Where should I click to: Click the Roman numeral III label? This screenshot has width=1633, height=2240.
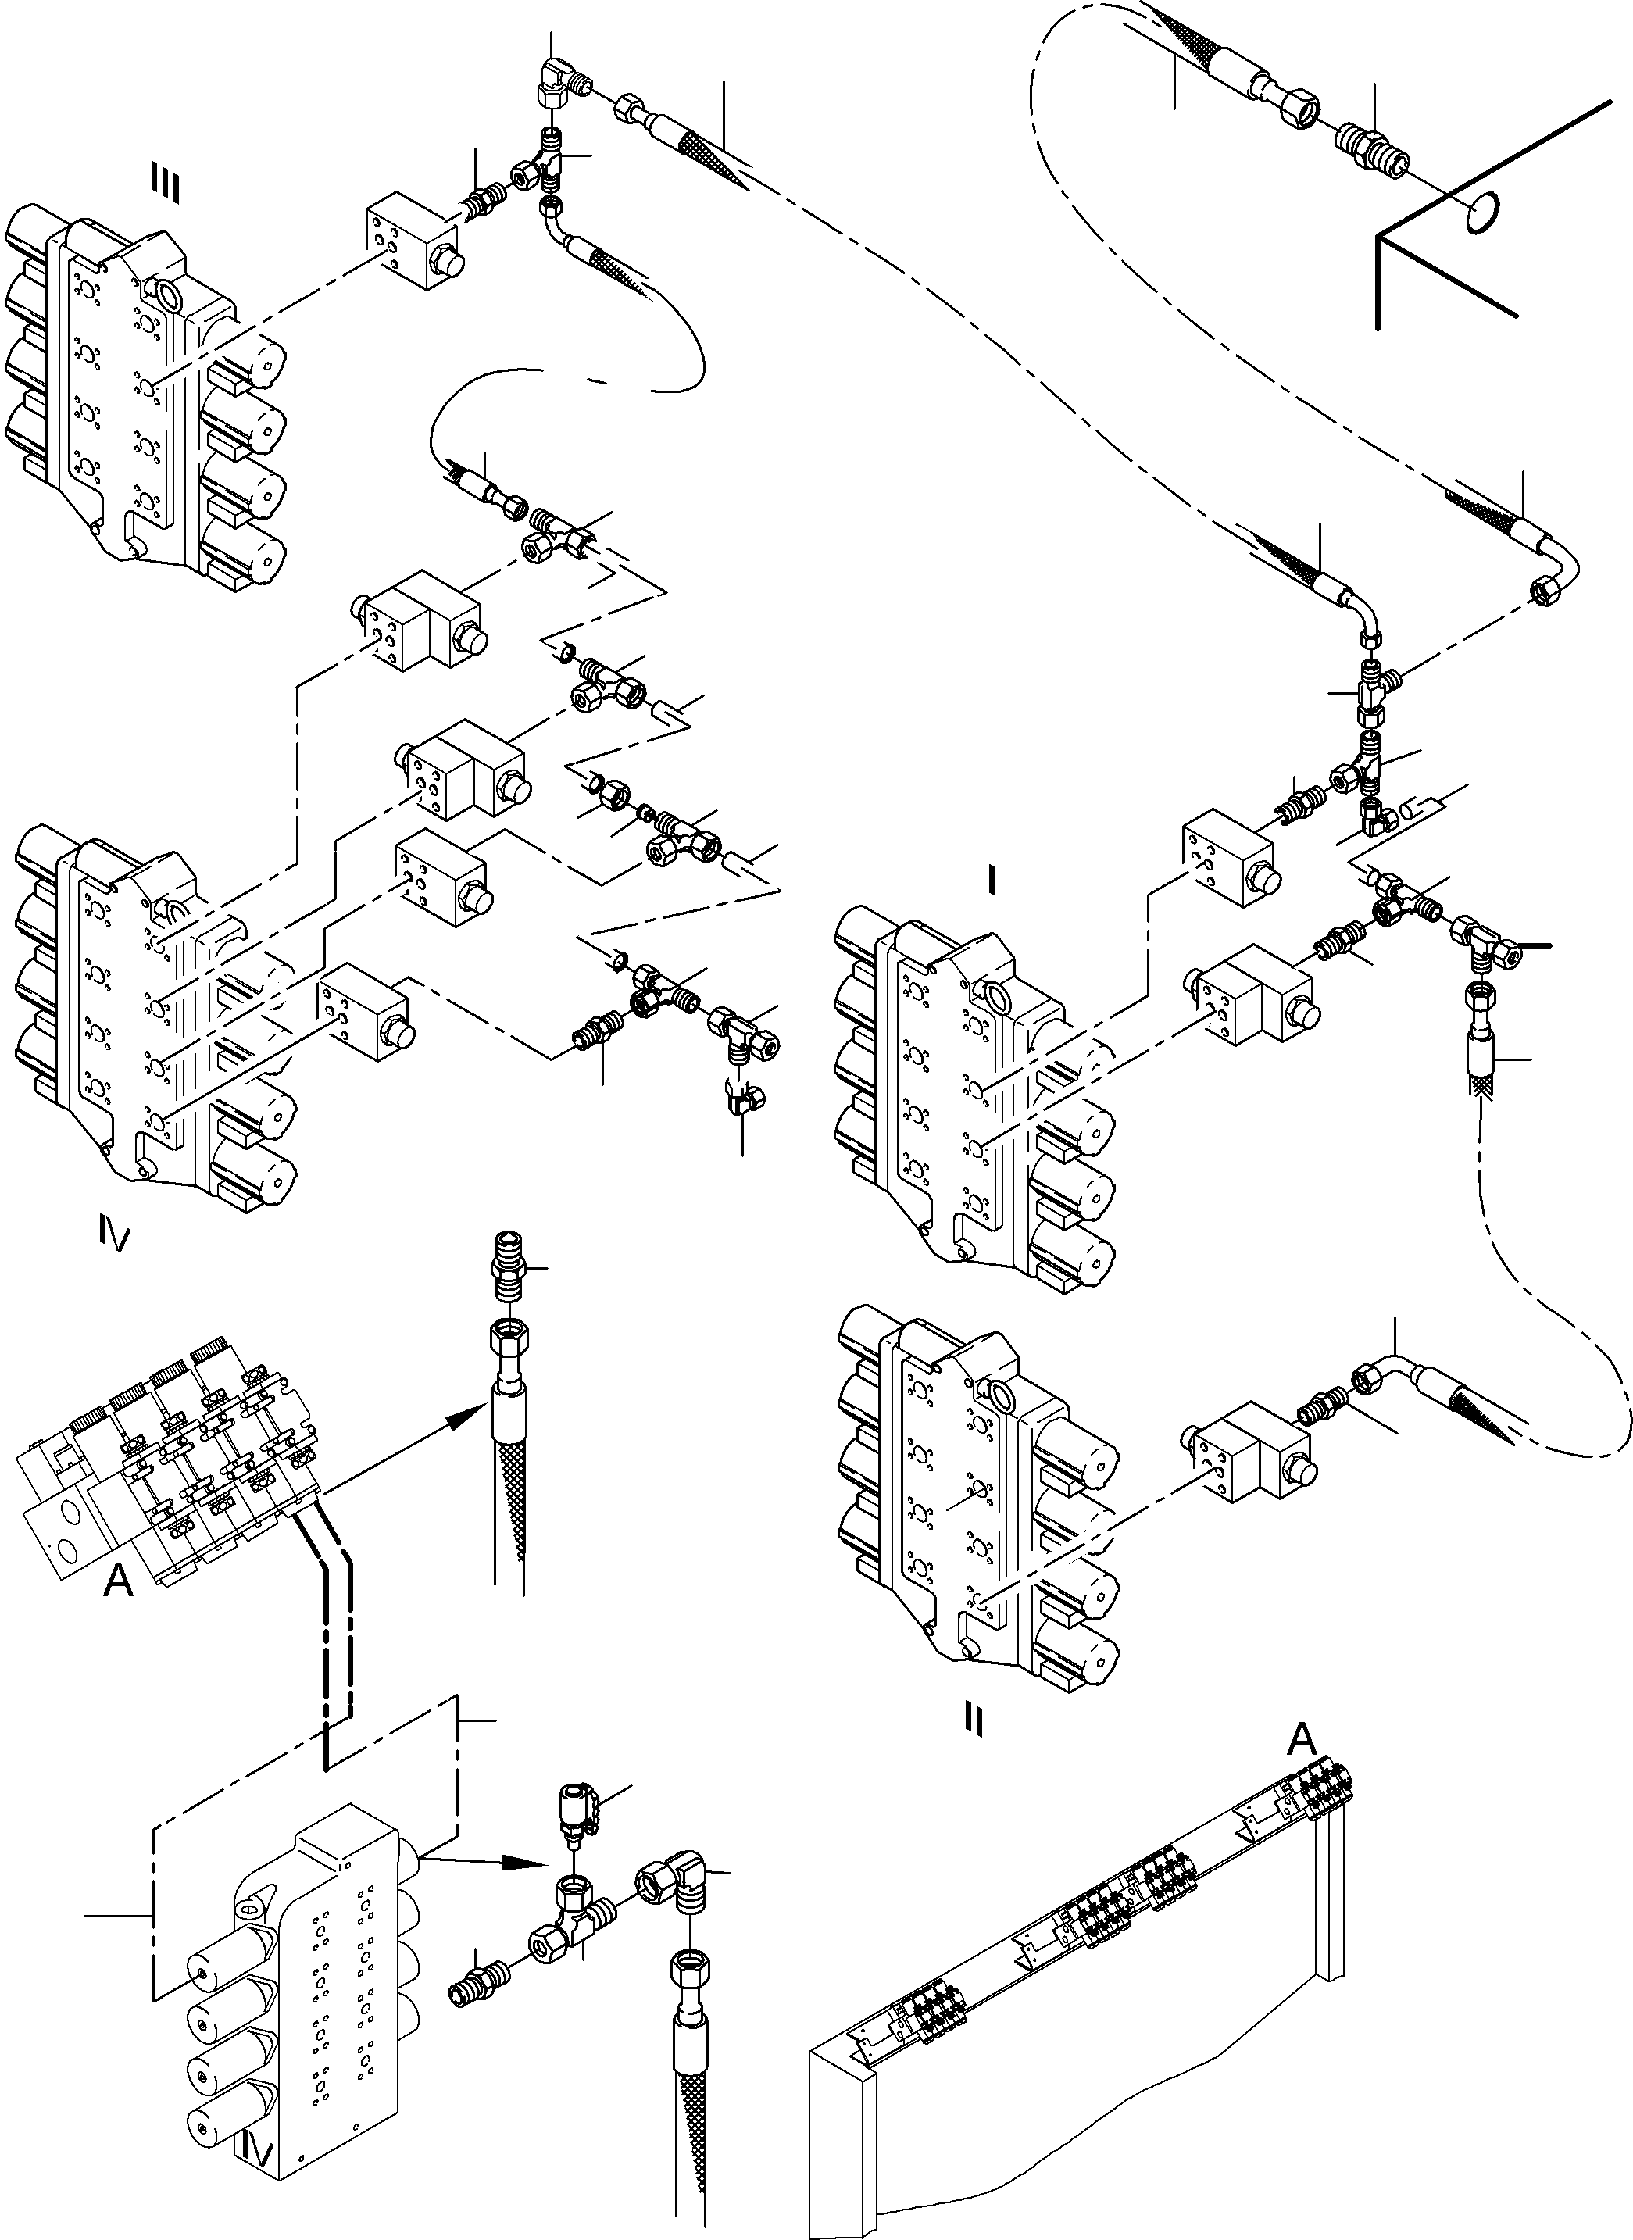click(x=164, y=185)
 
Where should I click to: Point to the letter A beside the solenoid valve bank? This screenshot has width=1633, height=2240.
click(x=119, y=1581)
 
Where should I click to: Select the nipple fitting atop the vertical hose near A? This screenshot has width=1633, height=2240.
click(x=506, y=1266)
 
